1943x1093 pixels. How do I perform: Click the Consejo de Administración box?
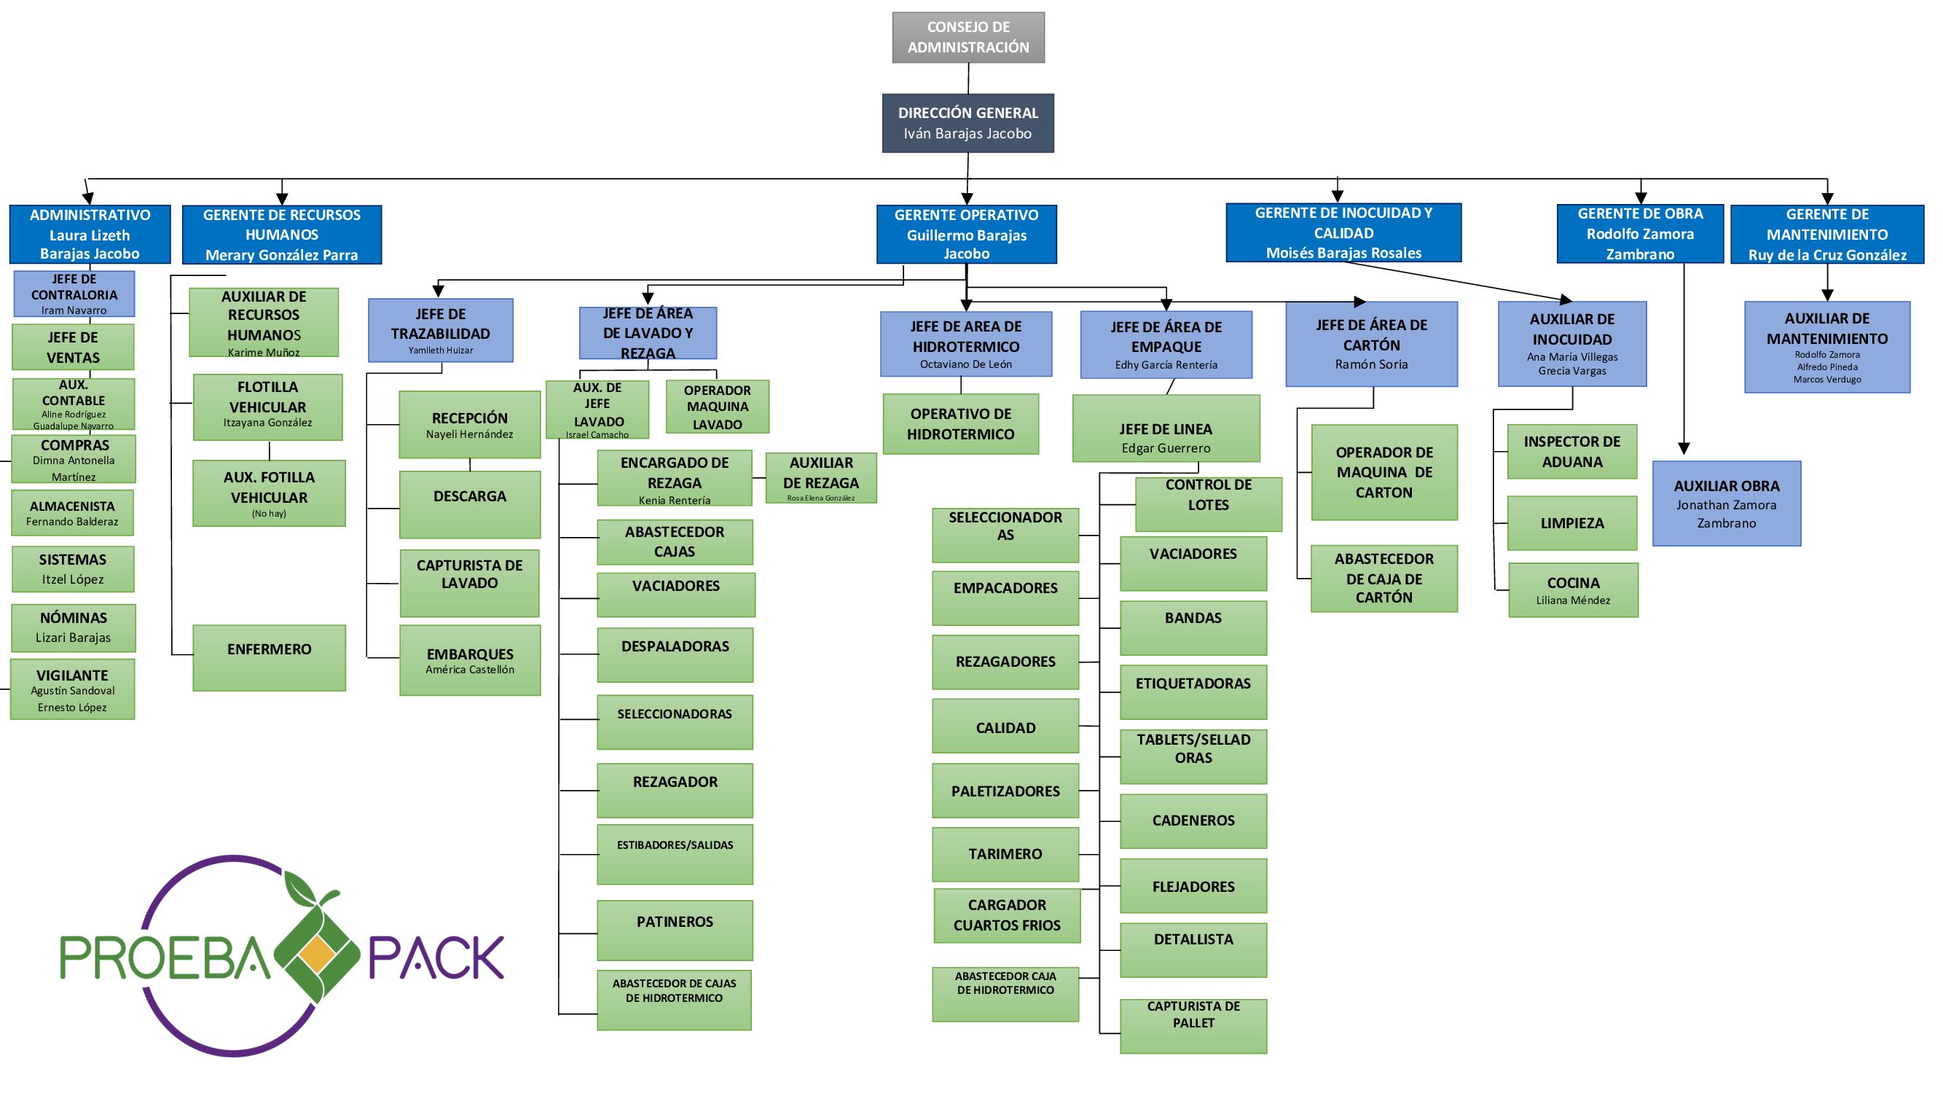pos(967,37)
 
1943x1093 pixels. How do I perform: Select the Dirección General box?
pos(967,123)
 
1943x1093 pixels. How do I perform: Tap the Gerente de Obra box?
pos(1640,234)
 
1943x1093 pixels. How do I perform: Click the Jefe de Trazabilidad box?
pos(441,330)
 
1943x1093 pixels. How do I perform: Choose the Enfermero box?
pos(270,657)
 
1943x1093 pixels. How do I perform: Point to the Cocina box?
pos(1573,590)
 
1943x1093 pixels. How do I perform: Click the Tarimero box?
pos(1005,854)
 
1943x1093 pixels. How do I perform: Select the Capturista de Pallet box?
pos(1193,1025)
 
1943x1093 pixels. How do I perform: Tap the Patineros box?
pos(675,929)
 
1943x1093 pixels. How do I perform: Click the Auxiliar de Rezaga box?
pos(820,477)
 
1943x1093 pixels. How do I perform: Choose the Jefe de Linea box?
pos(1166,428)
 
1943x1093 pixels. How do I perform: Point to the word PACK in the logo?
pos(436,957)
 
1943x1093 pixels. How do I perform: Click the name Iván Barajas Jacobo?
pos(967,133)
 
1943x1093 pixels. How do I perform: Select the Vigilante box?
pos(72,689)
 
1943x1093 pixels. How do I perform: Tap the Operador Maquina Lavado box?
pos(718,407)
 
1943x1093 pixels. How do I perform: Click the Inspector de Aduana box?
pos(1572,451)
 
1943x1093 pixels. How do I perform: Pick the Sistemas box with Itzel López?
pos(72,569)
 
